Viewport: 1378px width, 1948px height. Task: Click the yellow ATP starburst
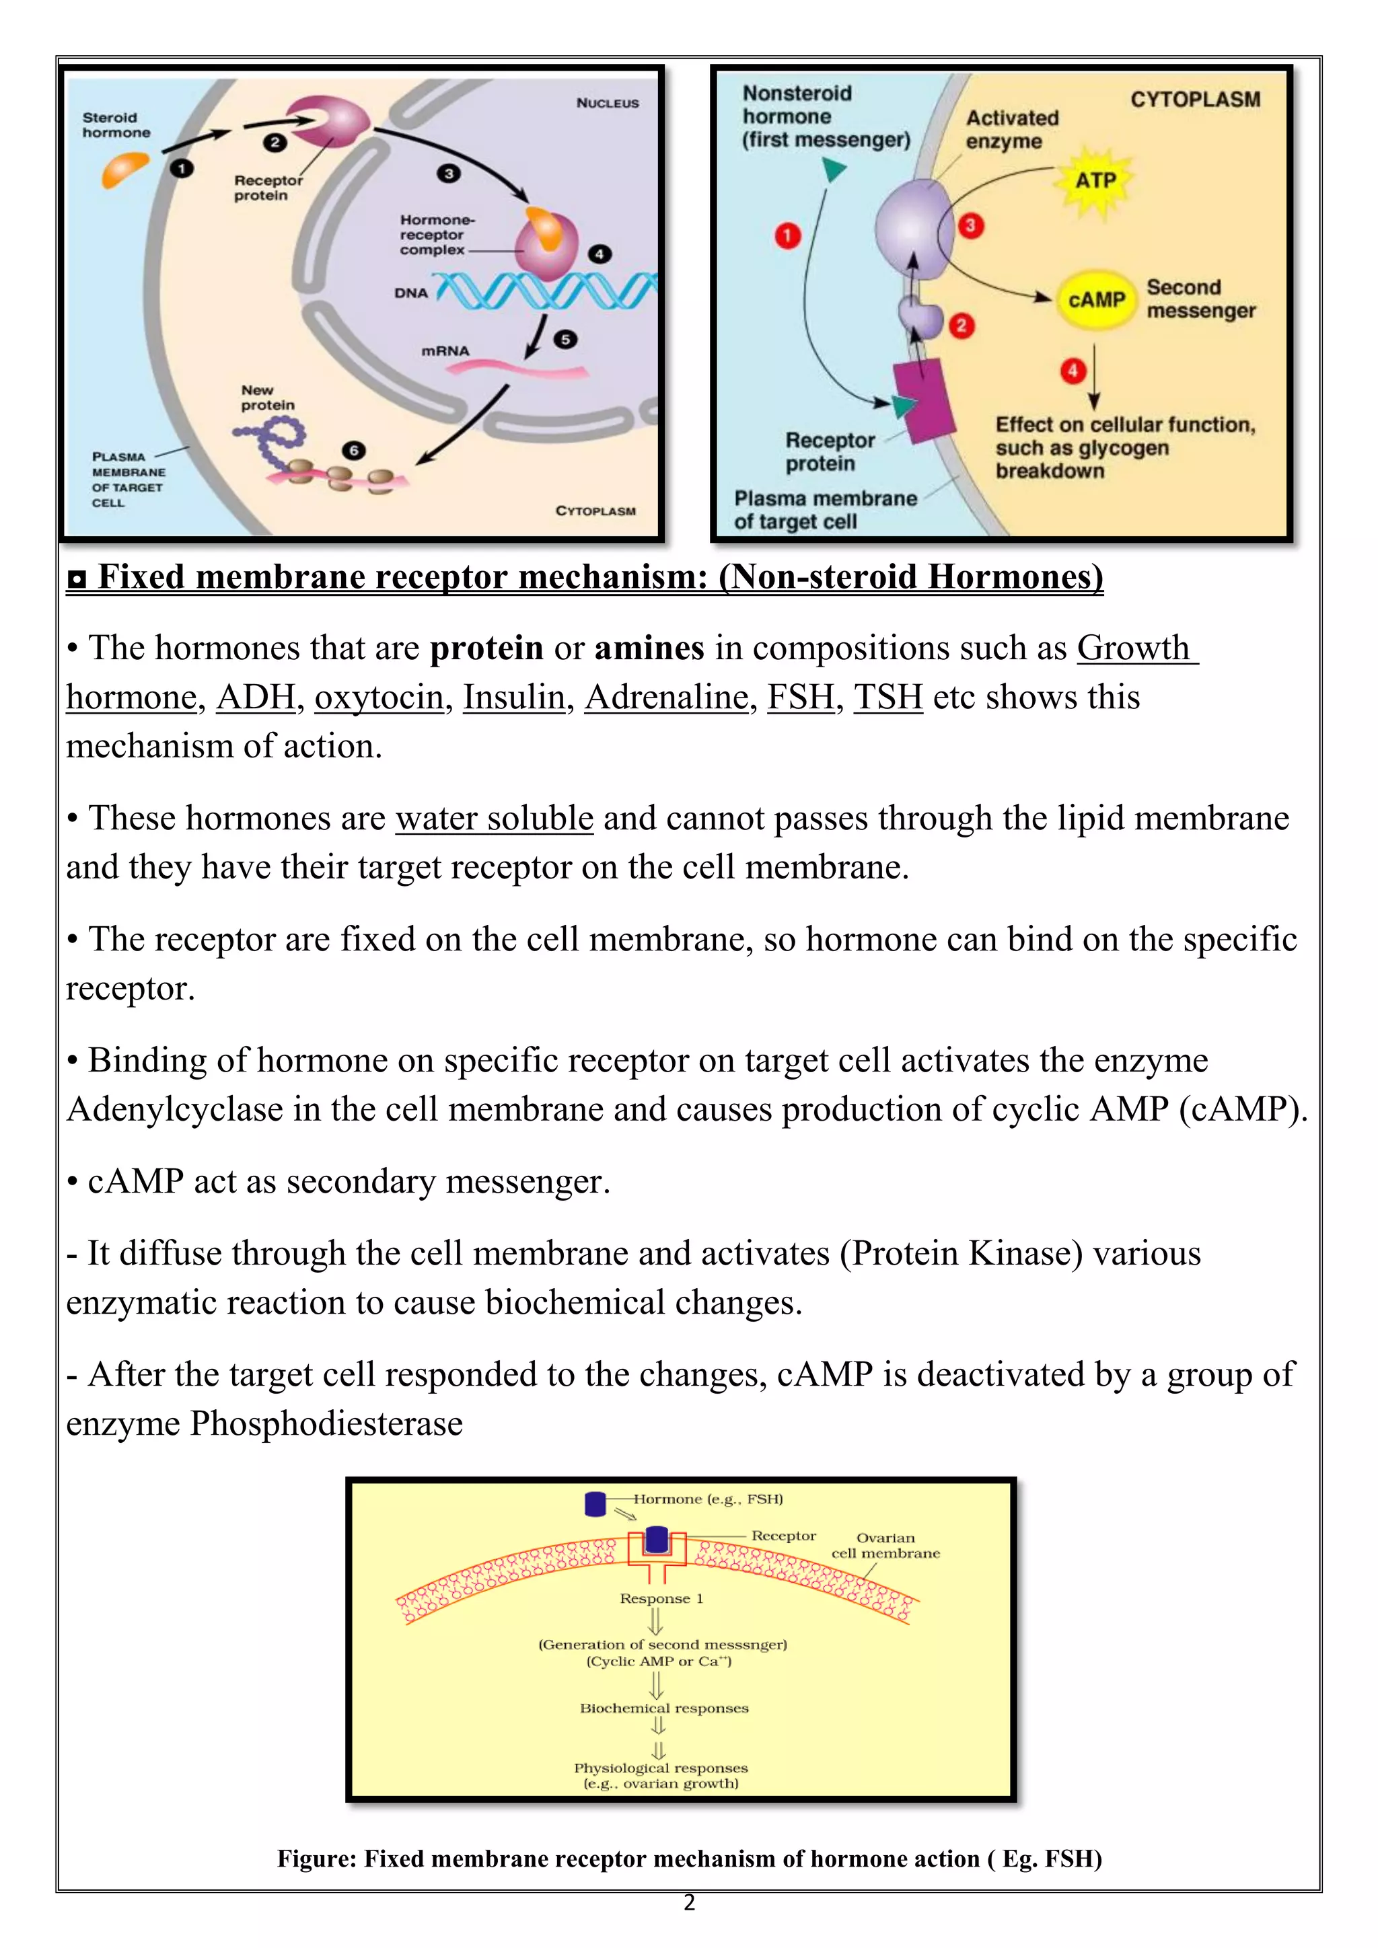[1096, 181]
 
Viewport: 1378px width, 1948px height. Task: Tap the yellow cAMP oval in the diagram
[1096, 299]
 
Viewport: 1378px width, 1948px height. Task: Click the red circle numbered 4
[1073, 371]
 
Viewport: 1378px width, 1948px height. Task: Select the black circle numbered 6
[354, 451]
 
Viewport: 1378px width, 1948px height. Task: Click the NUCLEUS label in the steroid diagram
[608, 103]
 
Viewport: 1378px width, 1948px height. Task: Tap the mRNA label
[445, 350]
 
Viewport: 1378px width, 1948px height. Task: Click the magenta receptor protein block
[923, 399]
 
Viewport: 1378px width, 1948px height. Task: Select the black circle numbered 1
[182, 169]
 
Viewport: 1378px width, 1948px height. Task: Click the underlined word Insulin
[513, 698]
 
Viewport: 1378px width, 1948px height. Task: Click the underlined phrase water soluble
[494, 819]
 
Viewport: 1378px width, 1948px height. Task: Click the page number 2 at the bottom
[689, 1903]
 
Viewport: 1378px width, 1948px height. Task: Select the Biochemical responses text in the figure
[663, 1708]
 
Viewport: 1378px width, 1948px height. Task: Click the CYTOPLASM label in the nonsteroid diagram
[1195, 100]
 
